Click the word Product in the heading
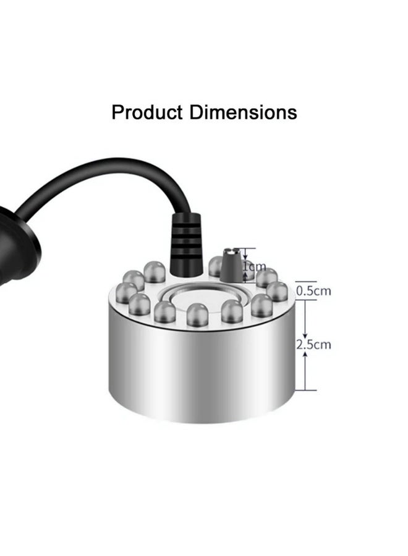click(x=147, y=112)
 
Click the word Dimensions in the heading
click(x=243, y=112)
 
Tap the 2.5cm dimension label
click(x=313, y=344)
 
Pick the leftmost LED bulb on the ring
click(x=126, y=292)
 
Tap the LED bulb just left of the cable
click(x=155, y=271)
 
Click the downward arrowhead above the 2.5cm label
click(x=305, y=334)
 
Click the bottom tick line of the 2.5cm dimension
click(x=305, y=390)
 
